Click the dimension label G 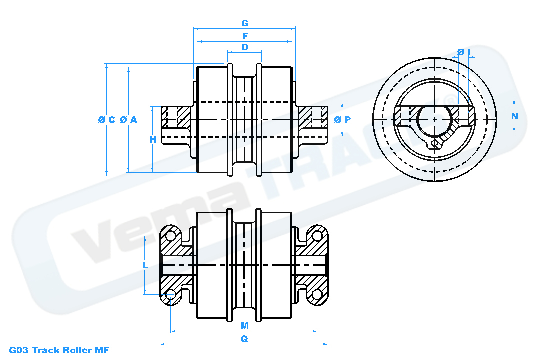245,23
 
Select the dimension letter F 245,36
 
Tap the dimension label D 245,47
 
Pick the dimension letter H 153,140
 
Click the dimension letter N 515,116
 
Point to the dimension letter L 145,265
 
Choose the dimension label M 244,326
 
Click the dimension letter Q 244,339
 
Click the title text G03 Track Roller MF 59,350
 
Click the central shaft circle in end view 435,119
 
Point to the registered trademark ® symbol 450,99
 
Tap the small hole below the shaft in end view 435,144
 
